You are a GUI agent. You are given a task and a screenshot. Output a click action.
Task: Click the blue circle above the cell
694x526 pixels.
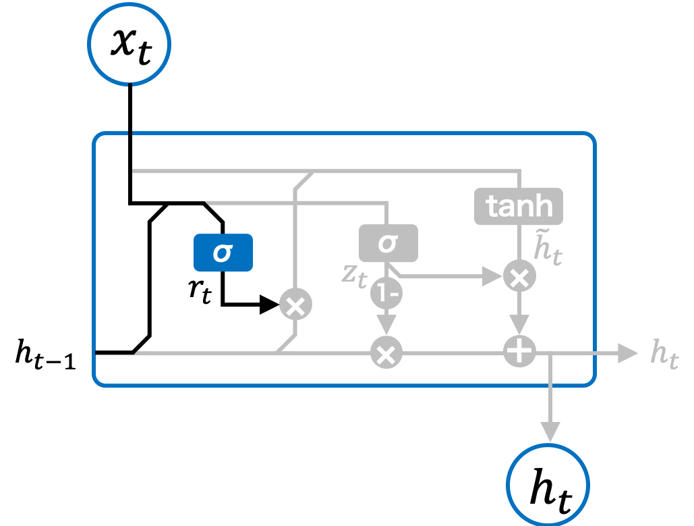(129, 43)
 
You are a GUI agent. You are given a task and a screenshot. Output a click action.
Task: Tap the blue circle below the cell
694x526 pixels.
(548, 484)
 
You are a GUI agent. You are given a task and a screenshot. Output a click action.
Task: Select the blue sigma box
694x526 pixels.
(223, 253)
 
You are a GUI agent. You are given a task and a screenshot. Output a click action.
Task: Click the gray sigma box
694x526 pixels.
(388, 243)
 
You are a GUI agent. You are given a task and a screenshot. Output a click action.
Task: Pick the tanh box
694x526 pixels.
(518, 206)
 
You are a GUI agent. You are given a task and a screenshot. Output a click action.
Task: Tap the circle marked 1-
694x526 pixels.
(386, 293)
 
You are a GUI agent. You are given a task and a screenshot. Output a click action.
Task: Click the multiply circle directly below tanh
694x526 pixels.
(519, 277)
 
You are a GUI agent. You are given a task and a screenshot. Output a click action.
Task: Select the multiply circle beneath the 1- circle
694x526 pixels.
(386, 353)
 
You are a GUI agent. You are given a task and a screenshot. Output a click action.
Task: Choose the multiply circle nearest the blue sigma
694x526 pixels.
(295, 305)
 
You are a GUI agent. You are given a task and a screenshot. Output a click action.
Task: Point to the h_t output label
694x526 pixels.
(664, 354)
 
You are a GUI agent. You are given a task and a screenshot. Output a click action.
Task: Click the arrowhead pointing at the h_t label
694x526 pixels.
(628, 353)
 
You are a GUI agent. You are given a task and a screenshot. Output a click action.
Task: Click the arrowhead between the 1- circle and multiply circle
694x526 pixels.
(386, 323)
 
